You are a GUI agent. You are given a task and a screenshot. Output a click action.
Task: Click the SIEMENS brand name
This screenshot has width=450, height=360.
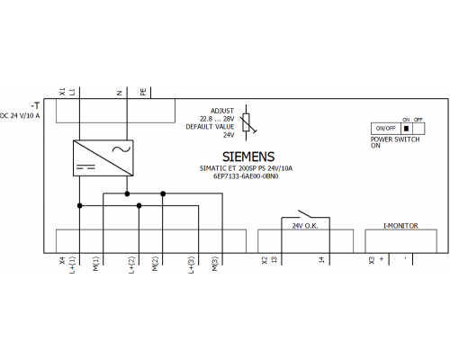click(248, 157)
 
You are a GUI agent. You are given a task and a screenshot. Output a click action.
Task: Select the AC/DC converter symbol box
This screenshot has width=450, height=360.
click(103, 157)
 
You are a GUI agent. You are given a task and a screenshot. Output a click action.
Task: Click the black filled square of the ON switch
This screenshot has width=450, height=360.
click(406, 129)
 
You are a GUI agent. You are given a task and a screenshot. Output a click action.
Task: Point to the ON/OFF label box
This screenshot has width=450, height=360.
click(386, 129)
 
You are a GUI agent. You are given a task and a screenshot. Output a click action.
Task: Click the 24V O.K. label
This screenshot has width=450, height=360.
click(305, 226)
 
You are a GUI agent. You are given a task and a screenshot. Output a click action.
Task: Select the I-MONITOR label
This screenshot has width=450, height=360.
click(400, 226)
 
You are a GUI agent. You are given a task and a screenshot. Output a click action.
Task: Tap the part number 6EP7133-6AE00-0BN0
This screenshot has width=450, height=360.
click(246, 176)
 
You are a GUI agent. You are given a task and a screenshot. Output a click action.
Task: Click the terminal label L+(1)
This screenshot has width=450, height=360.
click(73, 265)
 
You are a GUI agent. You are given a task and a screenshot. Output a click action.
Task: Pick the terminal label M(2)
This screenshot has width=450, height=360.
click(155, 264)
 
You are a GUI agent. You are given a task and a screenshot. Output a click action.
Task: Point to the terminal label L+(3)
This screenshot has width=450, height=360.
click(192, 265)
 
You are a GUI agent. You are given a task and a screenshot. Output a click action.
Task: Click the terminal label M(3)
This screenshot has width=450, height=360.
click(215, 264)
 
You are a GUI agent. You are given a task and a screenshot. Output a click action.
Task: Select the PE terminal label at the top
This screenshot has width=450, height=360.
click(143, 92)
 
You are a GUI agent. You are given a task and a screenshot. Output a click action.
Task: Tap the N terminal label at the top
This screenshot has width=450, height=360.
click(120, 93)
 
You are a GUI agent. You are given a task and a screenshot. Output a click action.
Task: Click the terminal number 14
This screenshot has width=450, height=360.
click(321, 259)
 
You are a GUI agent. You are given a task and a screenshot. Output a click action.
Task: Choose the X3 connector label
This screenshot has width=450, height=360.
click(372, 260)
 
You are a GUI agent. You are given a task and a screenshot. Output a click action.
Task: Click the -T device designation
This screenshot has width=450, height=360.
click(35, 105)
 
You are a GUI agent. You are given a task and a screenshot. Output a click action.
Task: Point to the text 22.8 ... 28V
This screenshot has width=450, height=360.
click(217, 119)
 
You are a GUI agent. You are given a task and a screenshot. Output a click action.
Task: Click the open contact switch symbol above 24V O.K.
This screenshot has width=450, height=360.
click(305, 214)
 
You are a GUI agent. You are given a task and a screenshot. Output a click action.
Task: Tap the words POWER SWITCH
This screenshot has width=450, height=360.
click(395, 139)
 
